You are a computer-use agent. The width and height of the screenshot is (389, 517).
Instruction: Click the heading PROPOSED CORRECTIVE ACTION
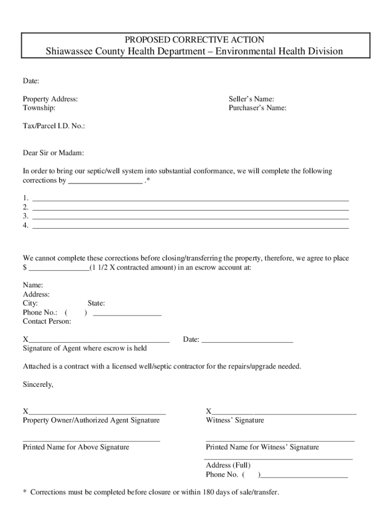[194, 39]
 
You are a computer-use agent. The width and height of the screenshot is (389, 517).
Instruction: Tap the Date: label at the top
[31, 81]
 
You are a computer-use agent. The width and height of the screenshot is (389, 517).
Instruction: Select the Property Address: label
[51, 99]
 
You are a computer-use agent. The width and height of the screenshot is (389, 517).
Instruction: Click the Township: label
[39, 108]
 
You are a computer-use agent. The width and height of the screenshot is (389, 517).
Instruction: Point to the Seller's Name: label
[251, 99]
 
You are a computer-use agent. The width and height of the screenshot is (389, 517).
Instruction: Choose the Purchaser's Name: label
[257, 108]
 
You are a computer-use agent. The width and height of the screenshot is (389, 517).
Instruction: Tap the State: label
[96, 303]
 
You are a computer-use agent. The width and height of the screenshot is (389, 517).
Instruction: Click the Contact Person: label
[47, 321]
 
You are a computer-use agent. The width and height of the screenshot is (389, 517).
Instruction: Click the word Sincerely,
[38, 384]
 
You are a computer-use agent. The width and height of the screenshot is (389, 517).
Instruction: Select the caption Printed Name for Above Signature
[76, 447]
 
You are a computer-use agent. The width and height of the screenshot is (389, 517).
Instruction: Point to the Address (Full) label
[228, 465]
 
